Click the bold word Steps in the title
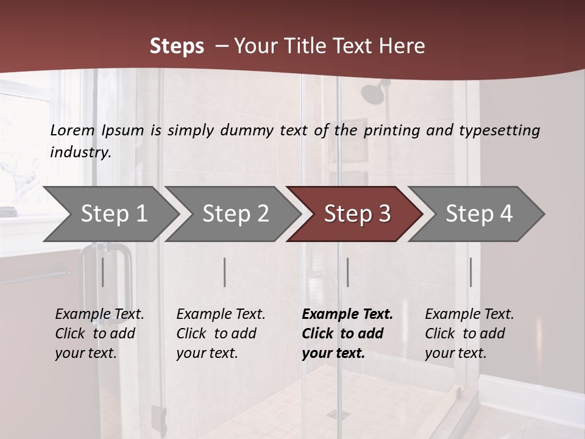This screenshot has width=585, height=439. [x=177, y=46]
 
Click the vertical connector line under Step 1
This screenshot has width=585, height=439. [x=103, y=272]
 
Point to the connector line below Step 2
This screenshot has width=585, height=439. [x=225, y=272]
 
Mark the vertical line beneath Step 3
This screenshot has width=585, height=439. [x=347, y=272]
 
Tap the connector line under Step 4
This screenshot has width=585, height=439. [x=470, y=272]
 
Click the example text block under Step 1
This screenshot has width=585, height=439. [x=99, y=334]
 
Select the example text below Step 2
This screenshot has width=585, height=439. [x=221, y=334]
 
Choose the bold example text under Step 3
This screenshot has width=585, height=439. [x=347, y=334]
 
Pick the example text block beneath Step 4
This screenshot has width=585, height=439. [x=469, y=334]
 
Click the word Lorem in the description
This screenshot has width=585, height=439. [x=73, y=130]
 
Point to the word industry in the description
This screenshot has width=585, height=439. [x=80, y=152]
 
